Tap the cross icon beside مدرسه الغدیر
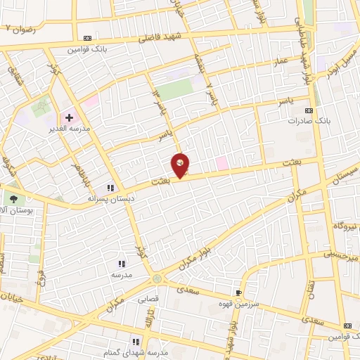pyautogui.click(x=69, y=117)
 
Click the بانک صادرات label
pyautogui.click(x=308, y=121)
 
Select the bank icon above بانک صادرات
pyautogui.click(x=308, y=110)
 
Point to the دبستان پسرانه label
pyautogui.click(x=110, y=198)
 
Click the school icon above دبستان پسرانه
pyautogui.click(x=110, y=188)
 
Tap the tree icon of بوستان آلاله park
pyautogui.click(x=12, y=200)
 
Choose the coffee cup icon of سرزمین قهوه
pyautogui.click(x=238, y=292)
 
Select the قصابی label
pyautogui.click(x=152, y=298)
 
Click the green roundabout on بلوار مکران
pyautogui.click(x=157, y=279)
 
